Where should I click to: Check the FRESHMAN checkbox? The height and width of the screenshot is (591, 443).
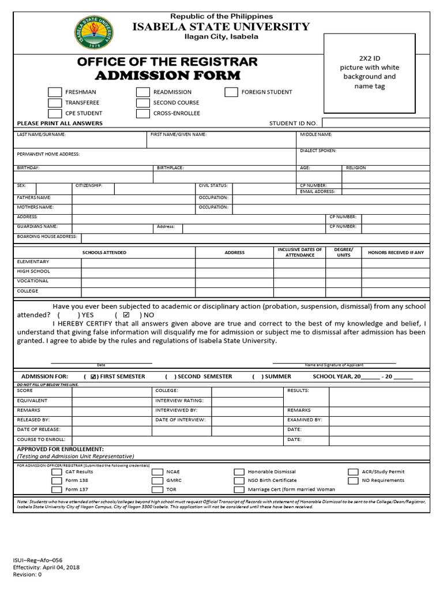click(55, 92)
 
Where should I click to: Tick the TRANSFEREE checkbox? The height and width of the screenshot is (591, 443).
click(55, 103)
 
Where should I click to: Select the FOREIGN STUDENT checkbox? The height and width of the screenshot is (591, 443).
click(231, 92)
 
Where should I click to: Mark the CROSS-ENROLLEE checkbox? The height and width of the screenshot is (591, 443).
click(143, 114)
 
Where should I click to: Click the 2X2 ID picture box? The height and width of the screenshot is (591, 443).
click(370, 74)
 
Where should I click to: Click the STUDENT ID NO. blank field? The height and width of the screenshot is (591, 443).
click(375, 124)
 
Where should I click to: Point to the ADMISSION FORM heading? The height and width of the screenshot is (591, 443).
click(167, 76)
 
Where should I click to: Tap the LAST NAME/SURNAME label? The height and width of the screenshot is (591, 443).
click(42, 134)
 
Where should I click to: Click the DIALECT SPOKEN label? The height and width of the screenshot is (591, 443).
click(318, 151)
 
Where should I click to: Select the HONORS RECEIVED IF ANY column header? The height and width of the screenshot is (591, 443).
click(396, 253)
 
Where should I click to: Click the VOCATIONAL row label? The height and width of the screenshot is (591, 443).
click(33, 281)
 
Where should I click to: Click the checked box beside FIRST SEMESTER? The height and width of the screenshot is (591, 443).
click(93, 377)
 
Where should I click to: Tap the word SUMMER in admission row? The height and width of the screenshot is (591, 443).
click(278, 376)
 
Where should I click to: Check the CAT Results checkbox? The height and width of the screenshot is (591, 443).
click(57, 472)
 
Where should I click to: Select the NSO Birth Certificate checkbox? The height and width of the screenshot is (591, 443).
click(239, 480)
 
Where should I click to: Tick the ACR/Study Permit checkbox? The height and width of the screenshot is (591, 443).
click(353, 472)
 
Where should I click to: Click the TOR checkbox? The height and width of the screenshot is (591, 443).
click(157, 489)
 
